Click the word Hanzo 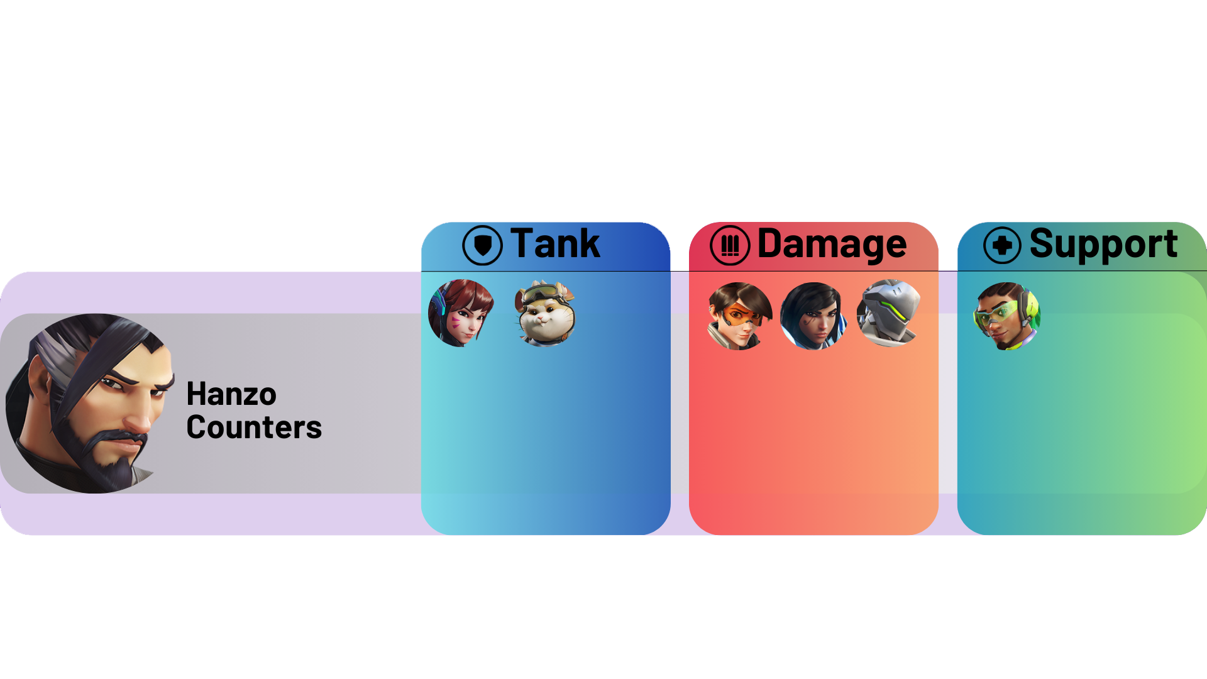(231, 395)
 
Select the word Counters (254, 428)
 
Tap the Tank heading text (555, 243)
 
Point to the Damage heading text (832, 244)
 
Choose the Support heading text (1103, 245)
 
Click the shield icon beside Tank (482, 245)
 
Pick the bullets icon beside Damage (730, 245)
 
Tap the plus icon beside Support (1003, 245)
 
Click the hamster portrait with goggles (545, 313)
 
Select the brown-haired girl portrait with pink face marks (461, 313)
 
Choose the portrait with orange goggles (739, 316)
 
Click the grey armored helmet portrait (888, 313)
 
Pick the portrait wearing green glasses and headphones (1006, 316)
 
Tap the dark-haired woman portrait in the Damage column (813, 316)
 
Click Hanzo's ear (39, 384)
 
